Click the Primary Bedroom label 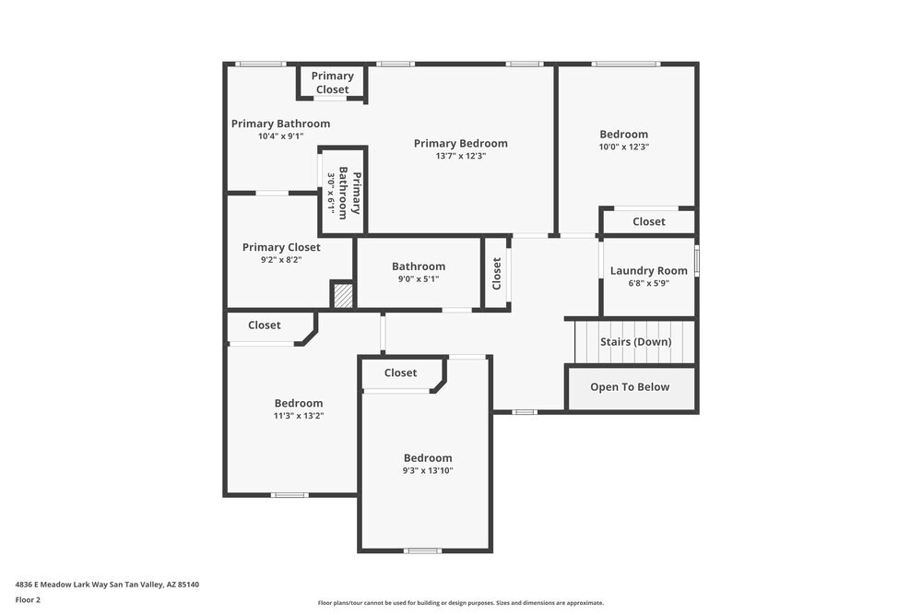pos(460,143)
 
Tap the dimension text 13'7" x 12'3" pos(460,156)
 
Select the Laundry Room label pos(648,270)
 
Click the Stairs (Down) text pos(635,341)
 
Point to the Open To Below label pos(630,386)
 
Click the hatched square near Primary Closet pos(342,296)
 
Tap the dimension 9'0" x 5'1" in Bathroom pos(418,278)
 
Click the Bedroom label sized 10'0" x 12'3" pos(623,134)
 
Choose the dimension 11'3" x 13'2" pos(298,415)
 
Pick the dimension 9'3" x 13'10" pos(427,470)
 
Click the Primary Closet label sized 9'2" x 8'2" pos(281,247)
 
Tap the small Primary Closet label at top pos(332,82)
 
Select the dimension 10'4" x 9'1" pos(280,136)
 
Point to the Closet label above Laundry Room pos(648,221)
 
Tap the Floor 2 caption pos(28,599)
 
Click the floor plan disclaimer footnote pos(460,602)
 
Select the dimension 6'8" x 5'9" pos(648,283)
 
